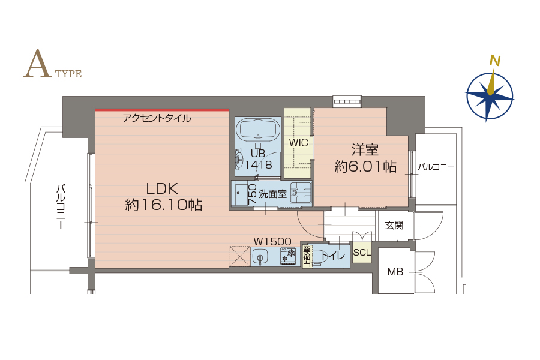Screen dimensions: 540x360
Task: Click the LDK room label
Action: pyautogui.click(x=162, y=189)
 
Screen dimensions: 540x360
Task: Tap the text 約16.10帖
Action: pyautogui.click(x=163, y=205)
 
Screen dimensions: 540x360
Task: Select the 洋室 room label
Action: pyautogui.click(x=365, y=150)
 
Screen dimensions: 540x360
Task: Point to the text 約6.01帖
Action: pyautogui.click(x=365, y=167)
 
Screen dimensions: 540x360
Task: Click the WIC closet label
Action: pyautogui.click(x=298, y=143)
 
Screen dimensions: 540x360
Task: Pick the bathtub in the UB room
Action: pyautogui.click(x=258, y=129)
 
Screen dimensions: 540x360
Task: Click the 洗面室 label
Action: pyautogui.click(x=272, y=194)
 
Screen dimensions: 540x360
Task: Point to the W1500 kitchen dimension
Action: pyautogui.click(x=272, y=241)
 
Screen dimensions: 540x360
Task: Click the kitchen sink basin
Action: pyautogui.click(x=260, y=257)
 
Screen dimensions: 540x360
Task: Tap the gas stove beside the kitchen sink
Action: pyautogui.click(x=288, y=257)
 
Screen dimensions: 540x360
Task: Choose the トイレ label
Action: pyautogui.click(x=332, y=256)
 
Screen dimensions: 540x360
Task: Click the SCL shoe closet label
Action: pyautogui.click(x=362, y=253)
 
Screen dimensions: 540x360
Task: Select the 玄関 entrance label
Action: pyautogui.click(x=394, y=226)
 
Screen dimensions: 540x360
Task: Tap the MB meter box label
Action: pyautogui.click(x=395, y=272)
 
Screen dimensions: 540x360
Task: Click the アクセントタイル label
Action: pyautogui.click(x=157, y=119)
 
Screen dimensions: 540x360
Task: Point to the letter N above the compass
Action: pyautogui.click(x=495, y=61)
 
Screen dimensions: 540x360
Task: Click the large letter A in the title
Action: pyautogui.click(x=37, y=64)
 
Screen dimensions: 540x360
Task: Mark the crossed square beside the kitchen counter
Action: pyautogui.click(x=239, y=256)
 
